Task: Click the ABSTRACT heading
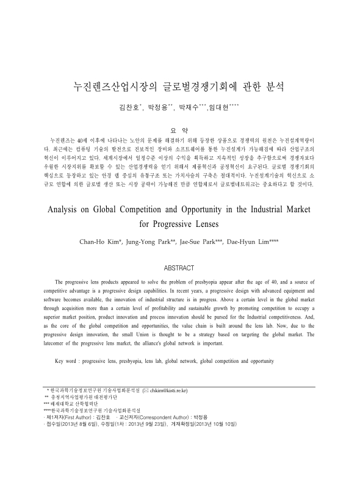pos(179,267)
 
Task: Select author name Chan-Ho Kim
pos(99,242)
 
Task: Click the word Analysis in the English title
pos(65,208)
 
